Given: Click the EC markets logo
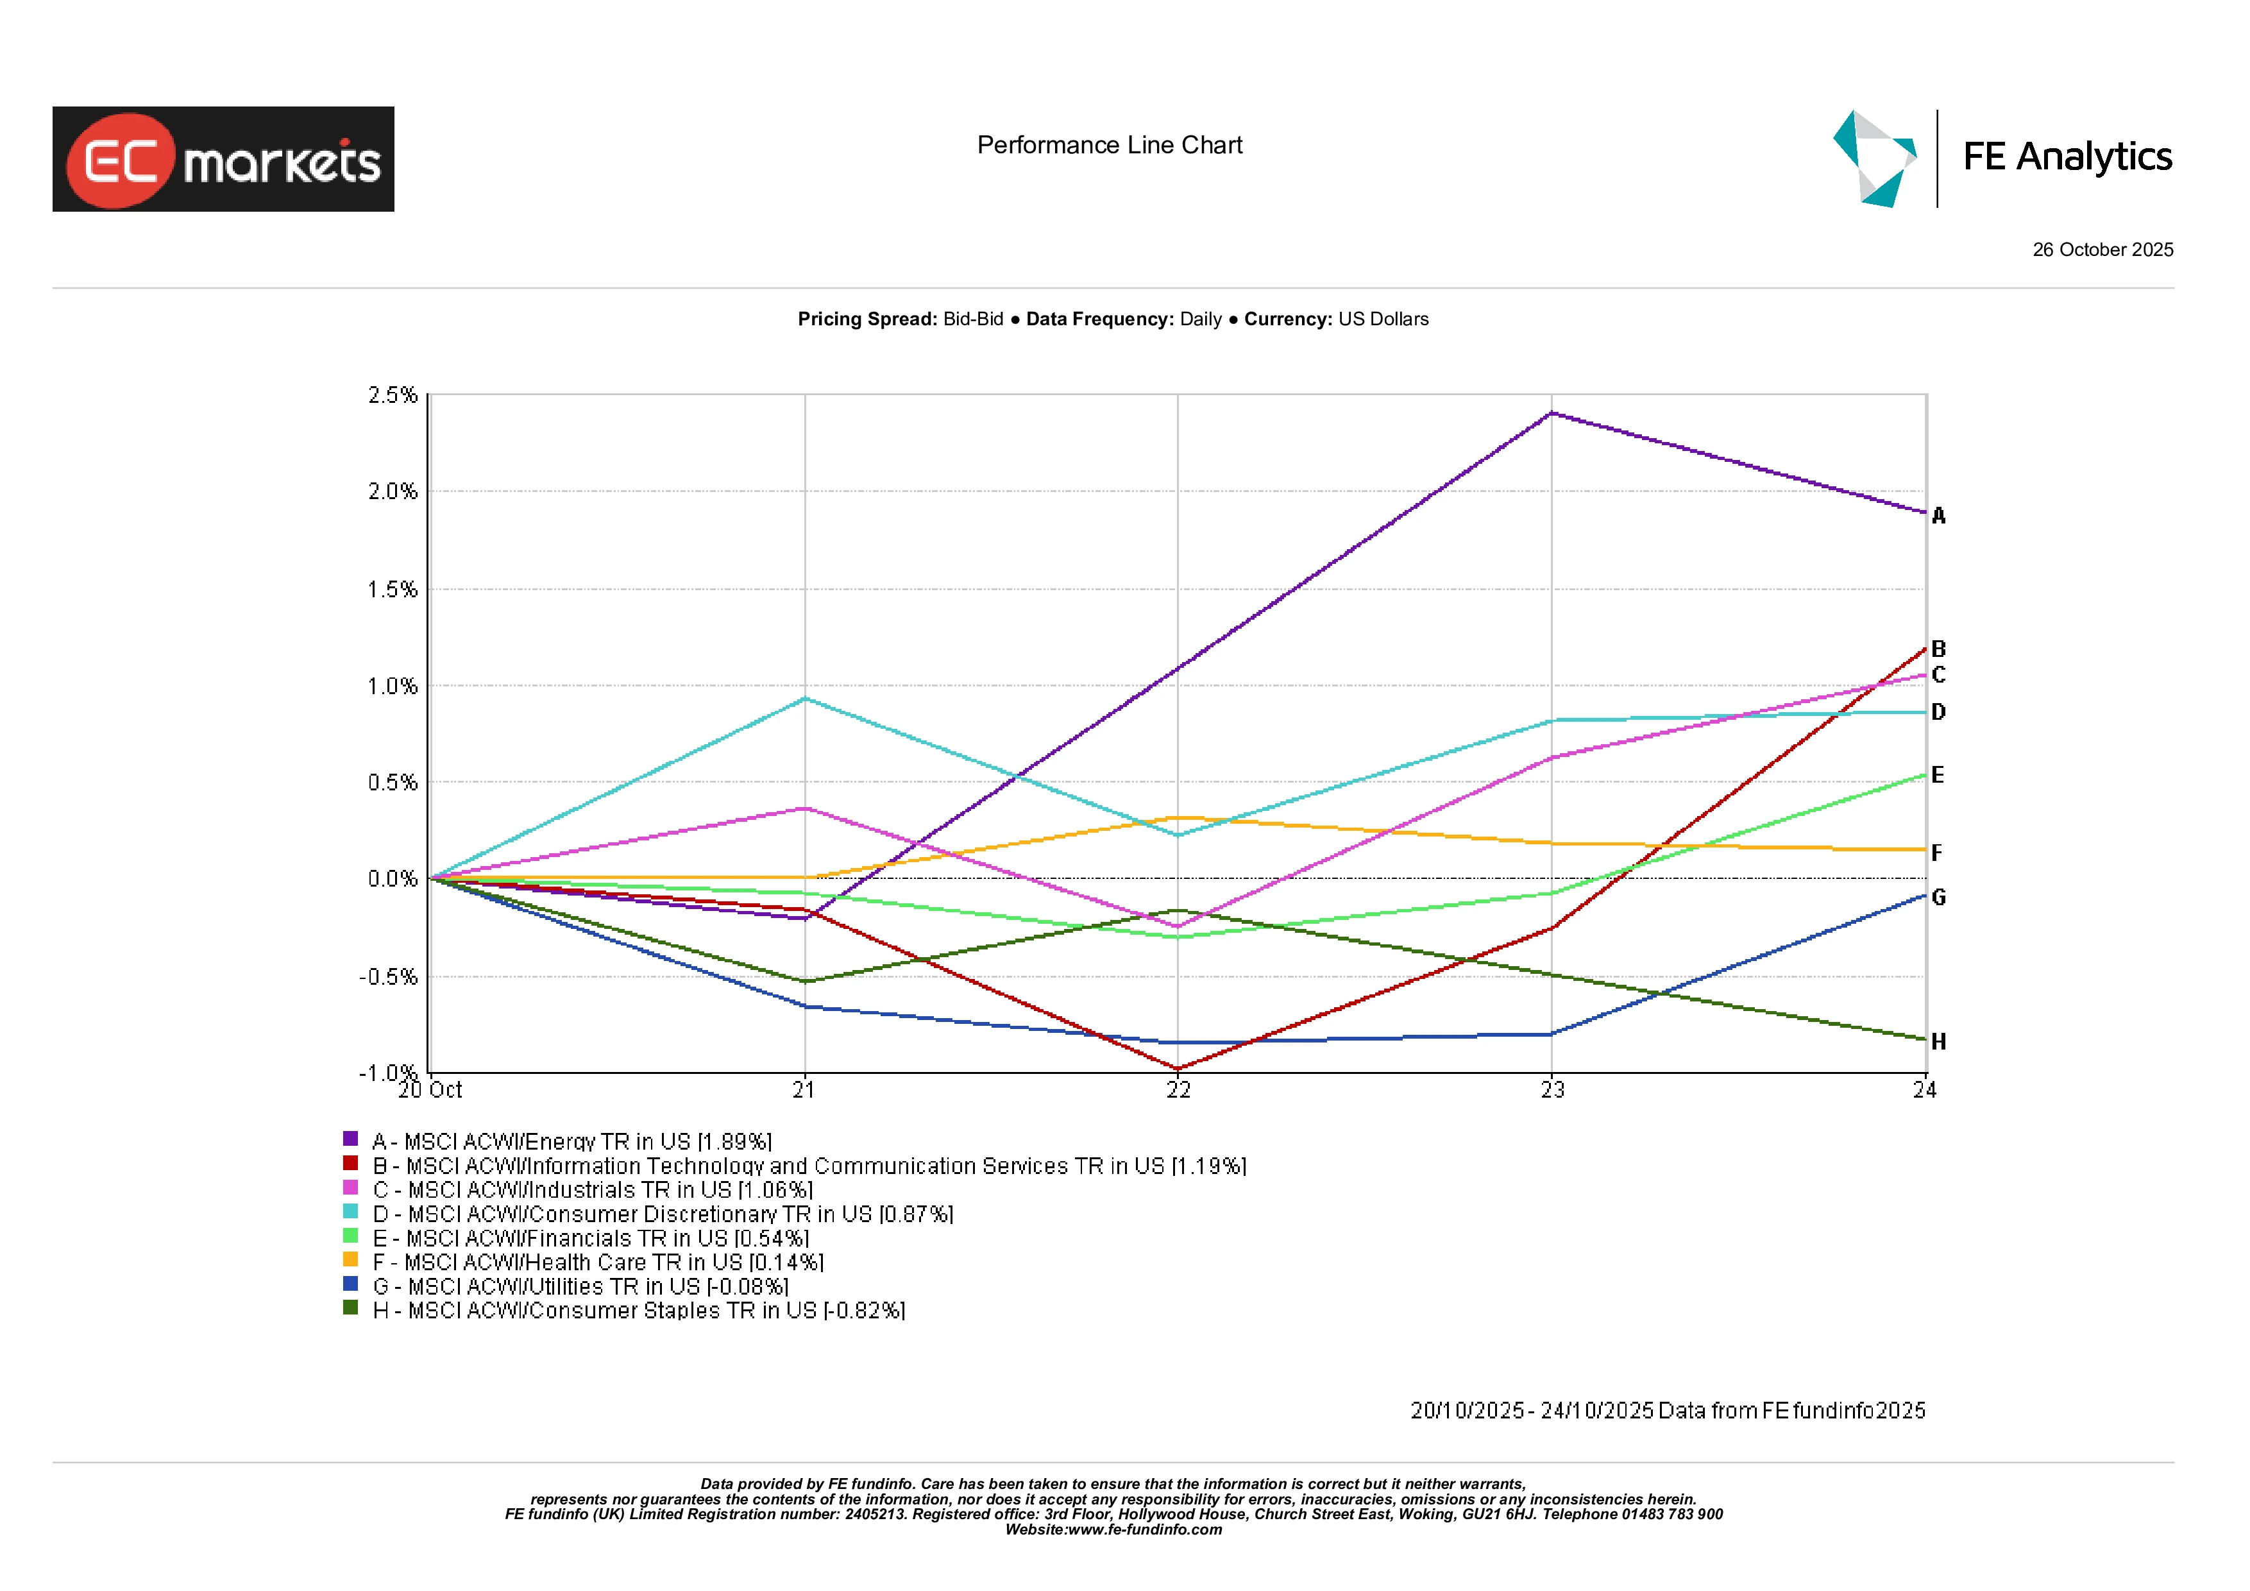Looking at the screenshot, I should coord(223,159).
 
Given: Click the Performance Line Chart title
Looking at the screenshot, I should coord(1110,145).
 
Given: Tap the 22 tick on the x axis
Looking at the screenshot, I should coord(1178,1090).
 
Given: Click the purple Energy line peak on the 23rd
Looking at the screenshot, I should coord(1552,413).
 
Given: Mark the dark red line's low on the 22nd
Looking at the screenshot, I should coord(1178,1069).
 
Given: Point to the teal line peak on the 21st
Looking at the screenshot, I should coord(804,698).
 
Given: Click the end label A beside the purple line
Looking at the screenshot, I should coord(1938,516).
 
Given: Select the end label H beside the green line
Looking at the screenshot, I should coord(1938,1041).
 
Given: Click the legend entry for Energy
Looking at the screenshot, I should coord(571,1141).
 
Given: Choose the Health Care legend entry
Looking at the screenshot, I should coord(598,1262).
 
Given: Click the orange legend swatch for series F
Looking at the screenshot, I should coord(350,1260).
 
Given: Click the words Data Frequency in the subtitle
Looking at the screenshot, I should coord(1099,319).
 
